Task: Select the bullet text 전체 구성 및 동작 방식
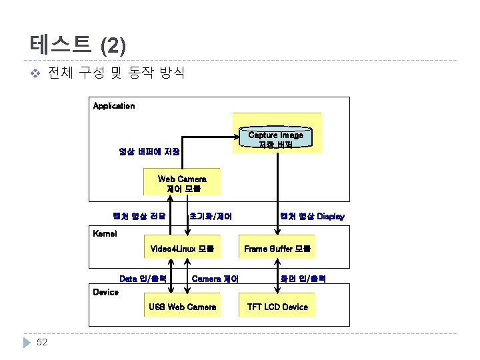(x=117, y=73)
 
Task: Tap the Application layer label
(x=113, y=106)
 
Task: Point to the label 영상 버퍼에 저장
(x=149, y=151)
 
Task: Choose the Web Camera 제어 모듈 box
(x=182, y=184)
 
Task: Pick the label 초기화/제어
(x=211, y=217)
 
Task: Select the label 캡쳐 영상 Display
(x=313, y=217)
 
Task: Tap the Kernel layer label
(x=105, y=234)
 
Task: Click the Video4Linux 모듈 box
(x=182, y=249)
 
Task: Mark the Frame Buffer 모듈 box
(x=277, y=249)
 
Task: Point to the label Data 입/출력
(x=143, y=278)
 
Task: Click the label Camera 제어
(x=215, y=279)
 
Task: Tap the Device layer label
(x=105, y=293)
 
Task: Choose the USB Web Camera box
(x=182, y=307)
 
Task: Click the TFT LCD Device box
(x=277, y=307)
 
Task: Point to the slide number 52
(x=42, y=342)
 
